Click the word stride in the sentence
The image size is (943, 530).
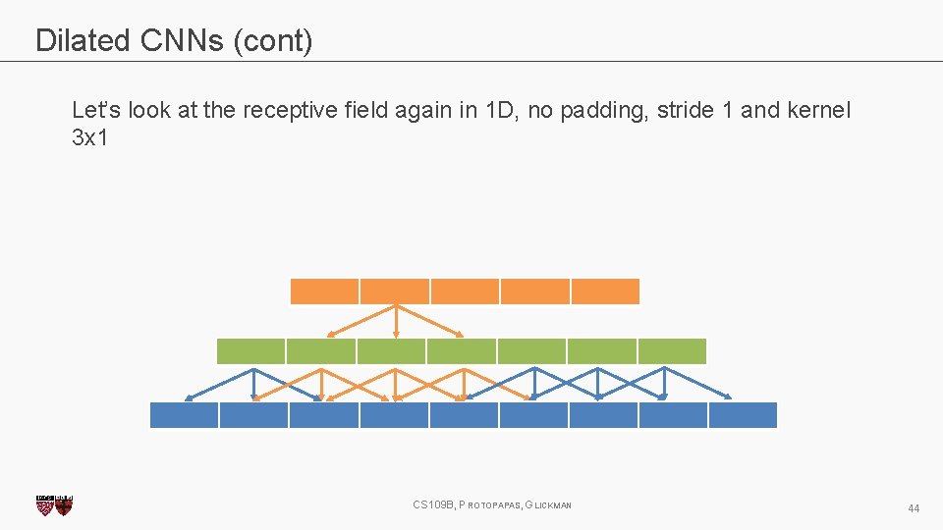[x=685, y=110]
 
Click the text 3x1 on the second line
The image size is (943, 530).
[x=89, y=137]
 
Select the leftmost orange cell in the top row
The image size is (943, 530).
[x=324, y=291]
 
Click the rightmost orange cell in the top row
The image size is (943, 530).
[x=605, y=291]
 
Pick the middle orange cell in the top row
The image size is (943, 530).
[x=465, y=291]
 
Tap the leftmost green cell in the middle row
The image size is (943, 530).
[x=250, y=351]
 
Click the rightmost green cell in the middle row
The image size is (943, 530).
[x=672, y=351]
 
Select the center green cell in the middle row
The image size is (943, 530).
[x=462, y=351]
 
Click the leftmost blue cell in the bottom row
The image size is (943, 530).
[x=184, y=415]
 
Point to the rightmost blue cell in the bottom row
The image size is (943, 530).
[x=743, y=415]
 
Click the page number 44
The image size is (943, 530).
[x=914, y=508]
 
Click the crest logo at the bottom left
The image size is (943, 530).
[x=55, y=504]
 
